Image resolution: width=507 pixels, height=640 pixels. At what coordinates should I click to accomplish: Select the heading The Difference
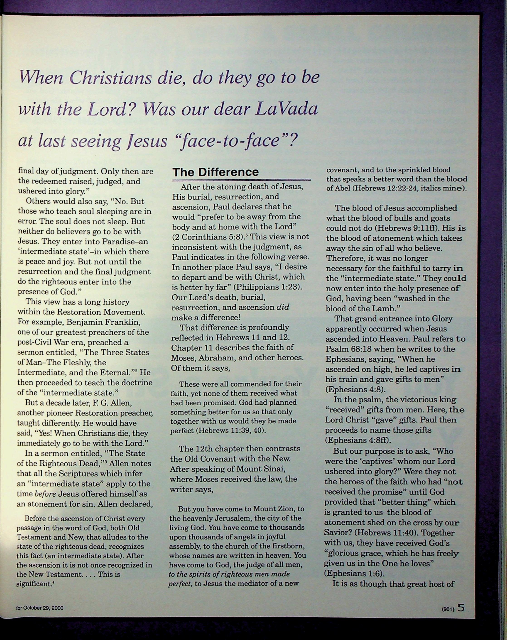click(x=216, y=172)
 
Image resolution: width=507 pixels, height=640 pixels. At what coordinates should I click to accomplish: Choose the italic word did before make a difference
click(x=283, y=307)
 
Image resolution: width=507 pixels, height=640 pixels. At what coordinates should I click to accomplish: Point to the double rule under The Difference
click(x=241, y=180)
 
